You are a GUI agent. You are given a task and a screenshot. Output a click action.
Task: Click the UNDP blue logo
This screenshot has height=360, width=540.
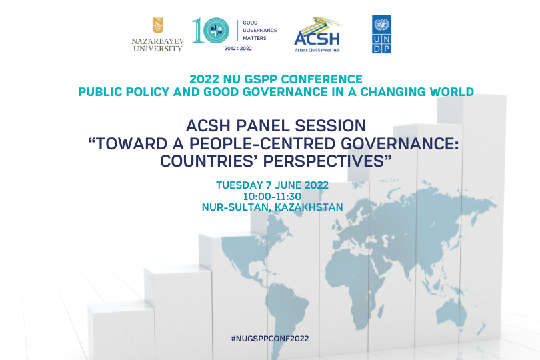coord(381,34)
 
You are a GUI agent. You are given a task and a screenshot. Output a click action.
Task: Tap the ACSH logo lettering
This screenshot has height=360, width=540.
coord(317,39)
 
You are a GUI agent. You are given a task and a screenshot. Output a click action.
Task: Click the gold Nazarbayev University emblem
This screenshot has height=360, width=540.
coord(158,25)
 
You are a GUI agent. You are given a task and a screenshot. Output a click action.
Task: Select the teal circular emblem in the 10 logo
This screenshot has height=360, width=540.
coord(216,31)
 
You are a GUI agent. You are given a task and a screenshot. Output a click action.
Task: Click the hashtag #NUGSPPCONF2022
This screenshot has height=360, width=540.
coord(270,339)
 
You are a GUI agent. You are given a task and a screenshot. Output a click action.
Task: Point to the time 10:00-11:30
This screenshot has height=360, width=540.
coord(272,197)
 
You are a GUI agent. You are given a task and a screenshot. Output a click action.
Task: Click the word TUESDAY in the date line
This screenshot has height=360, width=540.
coord(240,185)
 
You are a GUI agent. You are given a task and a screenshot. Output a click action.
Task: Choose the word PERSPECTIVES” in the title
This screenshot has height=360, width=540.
coord(327,161)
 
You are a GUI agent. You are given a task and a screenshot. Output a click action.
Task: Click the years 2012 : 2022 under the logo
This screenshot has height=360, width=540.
coord(238,49)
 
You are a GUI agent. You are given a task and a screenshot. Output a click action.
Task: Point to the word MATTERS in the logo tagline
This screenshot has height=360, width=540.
coord(255,38)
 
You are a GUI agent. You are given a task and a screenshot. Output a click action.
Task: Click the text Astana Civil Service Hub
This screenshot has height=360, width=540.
coord(317,50)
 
